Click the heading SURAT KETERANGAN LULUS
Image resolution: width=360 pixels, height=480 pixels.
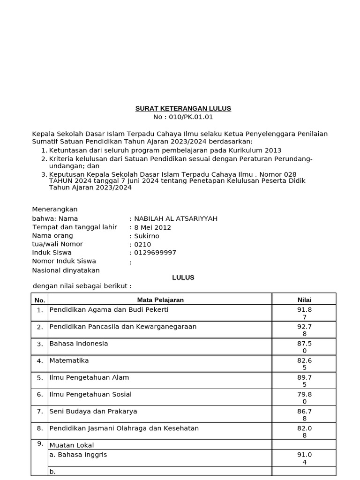183,108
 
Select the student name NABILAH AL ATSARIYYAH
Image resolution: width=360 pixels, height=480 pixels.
176,218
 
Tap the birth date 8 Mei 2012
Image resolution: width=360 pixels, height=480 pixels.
153,227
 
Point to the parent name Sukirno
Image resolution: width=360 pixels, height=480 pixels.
147,236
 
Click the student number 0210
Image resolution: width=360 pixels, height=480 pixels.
142,244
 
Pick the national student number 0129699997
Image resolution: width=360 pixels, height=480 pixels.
155,253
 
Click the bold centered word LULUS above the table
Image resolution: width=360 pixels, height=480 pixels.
183,277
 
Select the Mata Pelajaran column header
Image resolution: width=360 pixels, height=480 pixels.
160,300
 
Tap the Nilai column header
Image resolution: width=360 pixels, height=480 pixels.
304,300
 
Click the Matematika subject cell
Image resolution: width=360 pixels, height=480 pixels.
69,360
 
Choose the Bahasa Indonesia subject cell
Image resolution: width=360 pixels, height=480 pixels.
79,344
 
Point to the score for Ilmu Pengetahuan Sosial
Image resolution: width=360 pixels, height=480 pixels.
304,397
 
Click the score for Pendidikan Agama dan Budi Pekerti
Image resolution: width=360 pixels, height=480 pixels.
304,313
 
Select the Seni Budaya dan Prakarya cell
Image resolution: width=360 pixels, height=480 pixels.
93,411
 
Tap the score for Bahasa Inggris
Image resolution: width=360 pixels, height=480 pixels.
304,458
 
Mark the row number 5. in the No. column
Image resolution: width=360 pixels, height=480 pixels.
40,378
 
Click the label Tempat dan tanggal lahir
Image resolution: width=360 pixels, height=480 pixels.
75,227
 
